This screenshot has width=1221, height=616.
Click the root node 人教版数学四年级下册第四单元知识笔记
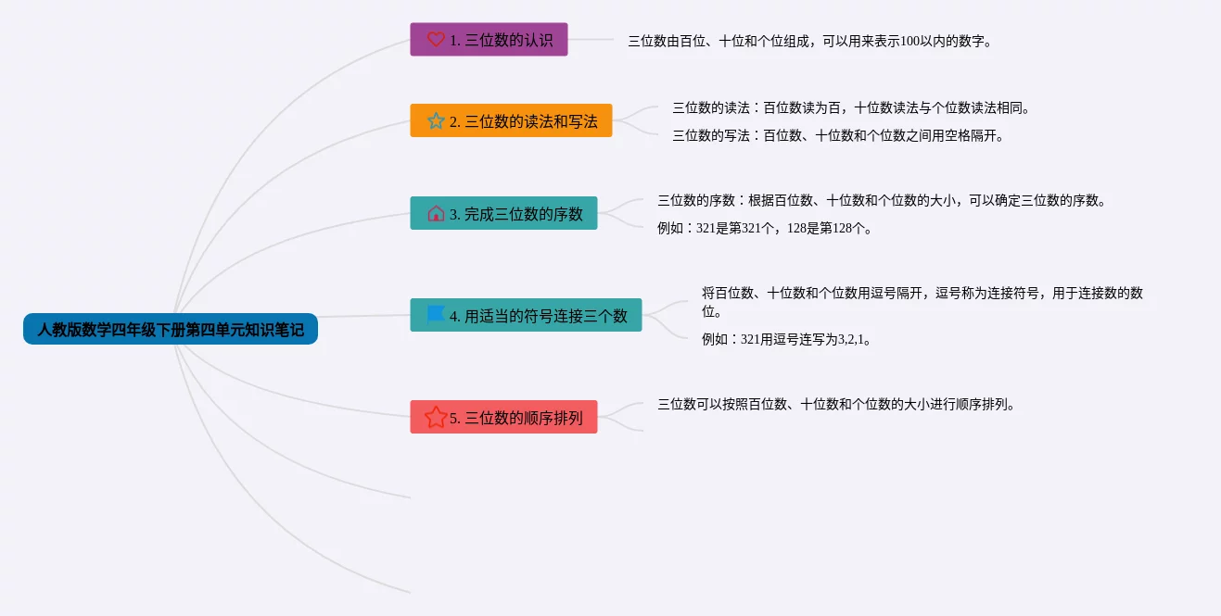click(x=171, y=329)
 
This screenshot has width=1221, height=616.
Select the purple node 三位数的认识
click(x=489, y=40)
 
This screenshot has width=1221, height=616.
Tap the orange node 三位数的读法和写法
click(x=511, y=120)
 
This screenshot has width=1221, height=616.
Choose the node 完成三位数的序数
click(x=503, y=213)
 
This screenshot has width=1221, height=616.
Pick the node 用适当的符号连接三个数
click(x=526, y=315)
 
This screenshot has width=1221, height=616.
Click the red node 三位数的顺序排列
click(x=503, y=417)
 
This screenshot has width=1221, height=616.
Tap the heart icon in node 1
click(x=436, y=40)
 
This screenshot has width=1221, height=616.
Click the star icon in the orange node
click(x=436, y=120)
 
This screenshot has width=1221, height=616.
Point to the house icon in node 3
click(x=436, y=213)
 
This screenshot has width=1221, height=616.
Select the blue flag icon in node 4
click(x=436, y=315)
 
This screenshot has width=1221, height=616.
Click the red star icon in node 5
click(x=436, y=417)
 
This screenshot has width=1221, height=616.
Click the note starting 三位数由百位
click(x=809, y=41)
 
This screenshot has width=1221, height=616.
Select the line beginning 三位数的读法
click(x=851, y=107)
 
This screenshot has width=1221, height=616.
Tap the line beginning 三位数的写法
click(x=838, y=135)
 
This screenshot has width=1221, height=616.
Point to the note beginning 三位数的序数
click(x=881, y=199)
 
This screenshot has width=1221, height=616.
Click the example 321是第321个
click(x=764, y=228)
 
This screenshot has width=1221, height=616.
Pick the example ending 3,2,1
click(x=786, y=339)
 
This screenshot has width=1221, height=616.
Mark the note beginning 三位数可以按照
click(x=836, y=403)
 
